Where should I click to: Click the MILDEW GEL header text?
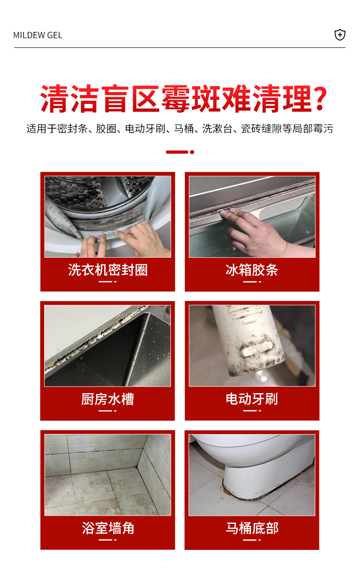click(x=38, y=35)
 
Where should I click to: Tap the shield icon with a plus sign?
click(x=339, y=35)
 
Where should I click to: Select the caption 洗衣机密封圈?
click(x=108, y=270)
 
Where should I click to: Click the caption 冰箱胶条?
click(x=252, y=270)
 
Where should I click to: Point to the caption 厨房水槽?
click(x=108, y=399)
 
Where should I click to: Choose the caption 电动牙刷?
click(x=252, y=399)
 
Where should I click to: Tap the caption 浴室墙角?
click(x=108, y=528)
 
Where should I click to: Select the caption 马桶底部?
click(x=252, y=528)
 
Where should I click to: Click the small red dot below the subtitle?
click(x=192, y=152)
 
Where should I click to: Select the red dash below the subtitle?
click(x=177, y=152)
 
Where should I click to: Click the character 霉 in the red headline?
click(x=176, y=98)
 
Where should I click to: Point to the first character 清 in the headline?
click(x=54, y=98)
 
